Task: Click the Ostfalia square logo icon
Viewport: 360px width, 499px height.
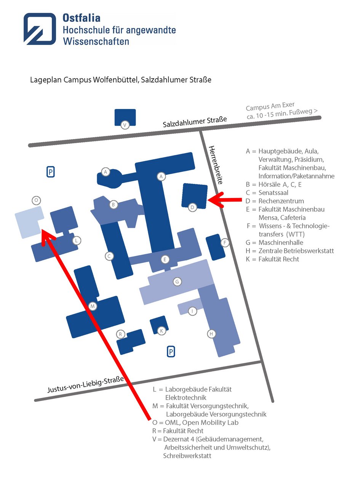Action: point(40,29)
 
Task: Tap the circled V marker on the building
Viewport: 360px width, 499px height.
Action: point(124,125)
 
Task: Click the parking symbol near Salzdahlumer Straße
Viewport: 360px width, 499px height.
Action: point(50,172)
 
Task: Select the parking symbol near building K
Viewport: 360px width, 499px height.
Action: point(171,352)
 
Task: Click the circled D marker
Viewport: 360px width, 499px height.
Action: point(192,208)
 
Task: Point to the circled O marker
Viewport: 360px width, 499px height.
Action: point(36,200)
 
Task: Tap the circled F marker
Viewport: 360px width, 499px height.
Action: point(225,243)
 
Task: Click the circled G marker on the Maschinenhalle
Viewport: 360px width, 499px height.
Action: point(177,282)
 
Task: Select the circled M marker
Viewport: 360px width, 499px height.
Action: point(92,306)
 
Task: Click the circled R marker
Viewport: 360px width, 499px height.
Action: point(120,334)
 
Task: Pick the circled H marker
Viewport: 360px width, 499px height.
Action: point(211,334)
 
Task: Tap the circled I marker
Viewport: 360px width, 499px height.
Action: point(192,311)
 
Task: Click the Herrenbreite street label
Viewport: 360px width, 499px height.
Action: point(215,165)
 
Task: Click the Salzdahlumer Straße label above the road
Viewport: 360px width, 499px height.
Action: point(195,122)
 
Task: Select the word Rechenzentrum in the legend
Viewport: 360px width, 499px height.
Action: point(281,201)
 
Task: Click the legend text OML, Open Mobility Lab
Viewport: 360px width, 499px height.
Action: point(202,422)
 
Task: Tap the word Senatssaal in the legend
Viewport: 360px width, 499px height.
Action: point(273,193)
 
